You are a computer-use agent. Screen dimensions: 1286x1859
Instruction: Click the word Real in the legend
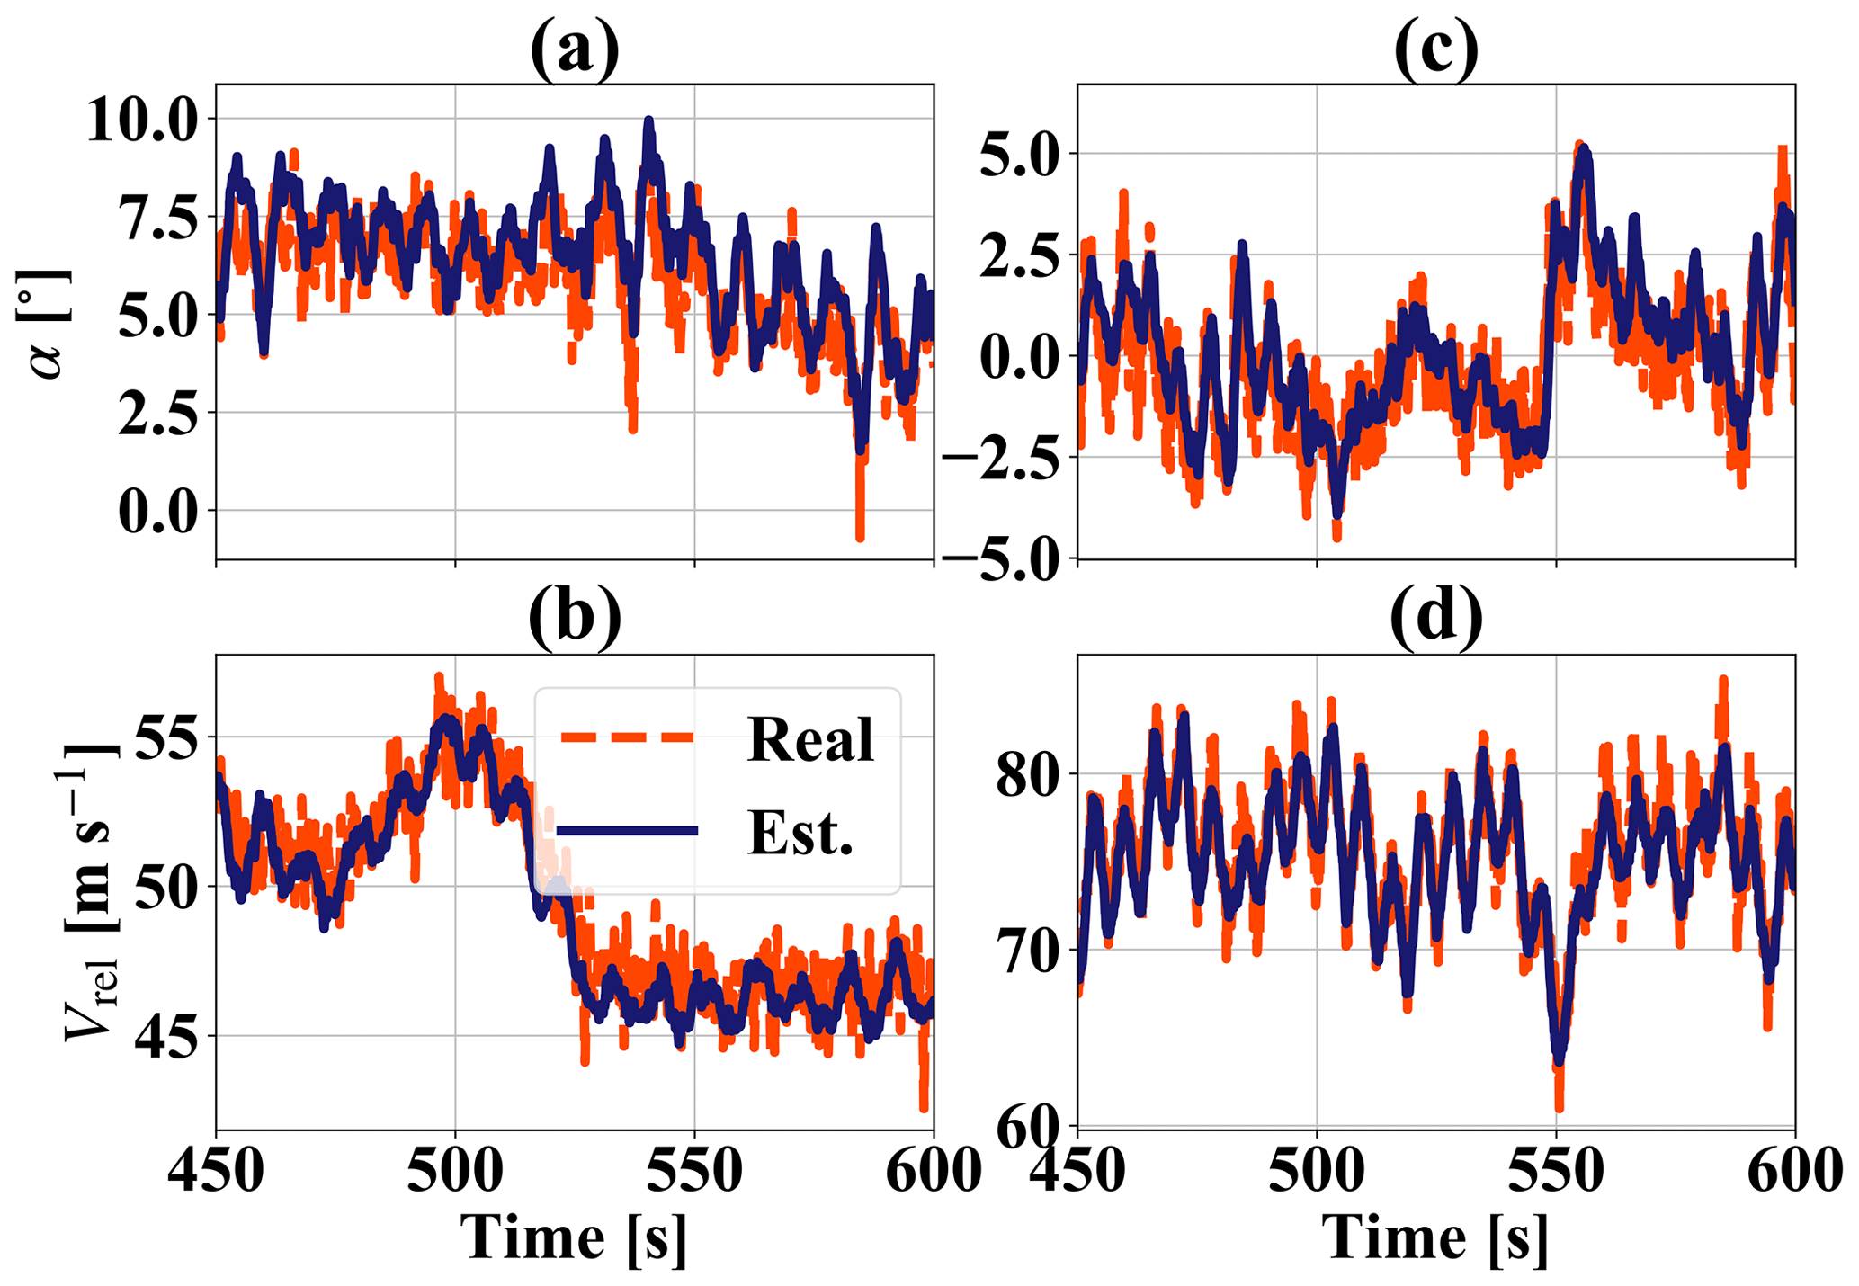[809, 739]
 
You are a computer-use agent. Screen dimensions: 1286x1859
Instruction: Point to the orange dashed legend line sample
[627, 737]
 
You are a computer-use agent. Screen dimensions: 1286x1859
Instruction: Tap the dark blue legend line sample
[627, 831]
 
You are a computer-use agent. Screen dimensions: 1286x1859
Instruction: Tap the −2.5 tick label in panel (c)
[1002, 458]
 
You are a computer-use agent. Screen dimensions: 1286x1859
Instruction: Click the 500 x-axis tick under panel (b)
[455, 1172]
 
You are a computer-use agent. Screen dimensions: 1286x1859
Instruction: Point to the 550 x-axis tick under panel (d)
[1556, 1172]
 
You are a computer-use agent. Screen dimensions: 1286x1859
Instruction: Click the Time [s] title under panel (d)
[1435, 1238]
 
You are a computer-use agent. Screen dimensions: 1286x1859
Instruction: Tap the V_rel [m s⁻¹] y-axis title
[90, 890]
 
